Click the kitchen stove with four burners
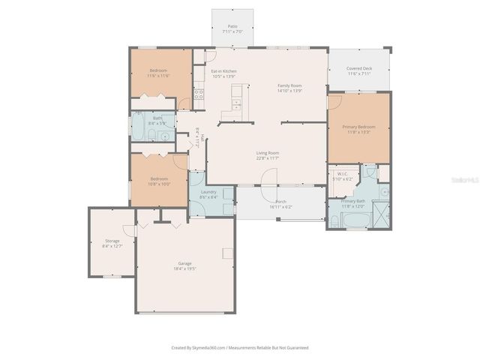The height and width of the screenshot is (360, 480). [199, 94]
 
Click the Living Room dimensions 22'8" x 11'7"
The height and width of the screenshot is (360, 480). [268, 158]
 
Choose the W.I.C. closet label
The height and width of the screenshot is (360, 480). [343, 176]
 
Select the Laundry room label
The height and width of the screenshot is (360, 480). [208, 194]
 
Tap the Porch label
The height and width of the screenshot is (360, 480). [280, 204]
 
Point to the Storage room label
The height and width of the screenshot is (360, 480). [112, 243]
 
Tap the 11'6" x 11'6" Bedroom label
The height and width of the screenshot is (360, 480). [158, 73]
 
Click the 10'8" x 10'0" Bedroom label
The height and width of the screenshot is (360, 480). [158, 181]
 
